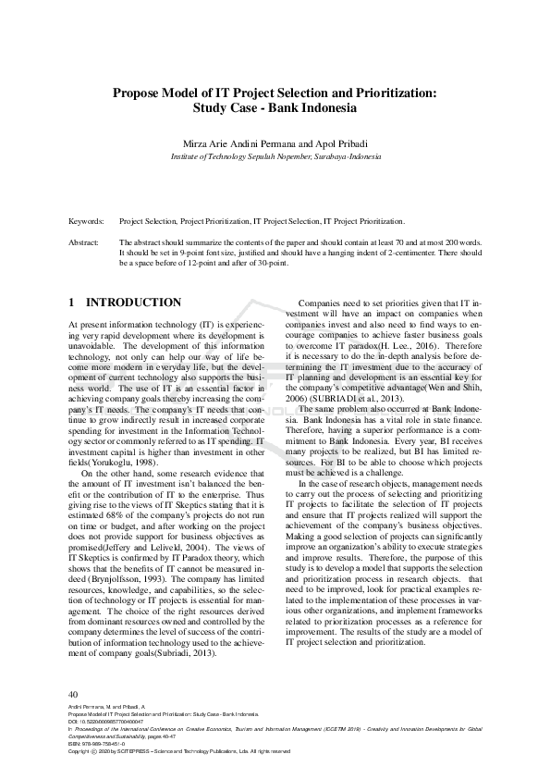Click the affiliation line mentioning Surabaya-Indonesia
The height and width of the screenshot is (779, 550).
pos(275,156)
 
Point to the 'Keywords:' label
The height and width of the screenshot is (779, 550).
pos(88,222)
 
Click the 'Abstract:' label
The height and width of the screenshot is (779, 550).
pos(86,241)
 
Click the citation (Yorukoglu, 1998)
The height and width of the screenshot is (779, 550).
pos(120,461)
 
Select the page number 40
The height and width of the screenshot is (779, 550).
pos(74,694)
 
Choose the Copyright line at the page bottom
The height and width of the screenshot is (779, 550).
pos(180,751)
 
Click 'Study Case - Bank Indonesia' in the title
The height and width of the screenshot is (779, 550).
pos(275,107)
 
